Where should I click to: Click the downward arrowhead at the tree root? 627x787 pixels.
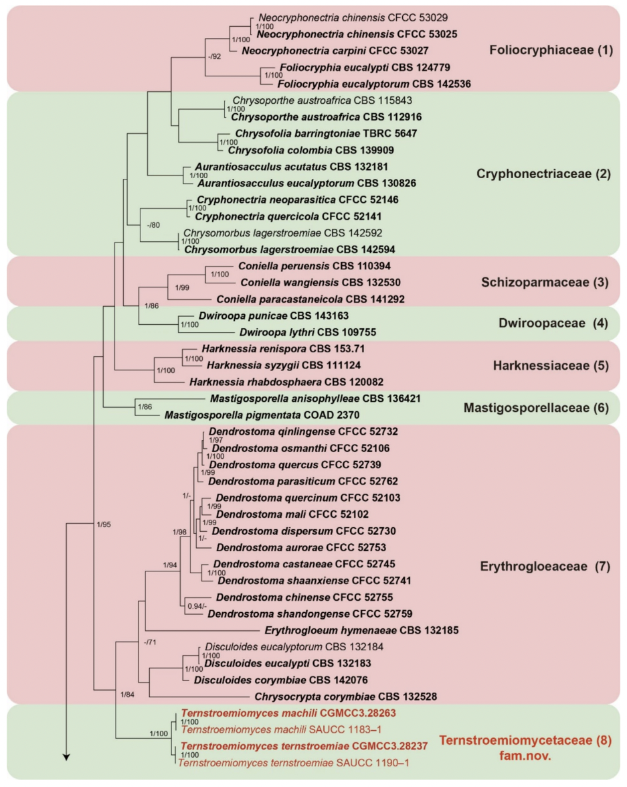66,756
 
